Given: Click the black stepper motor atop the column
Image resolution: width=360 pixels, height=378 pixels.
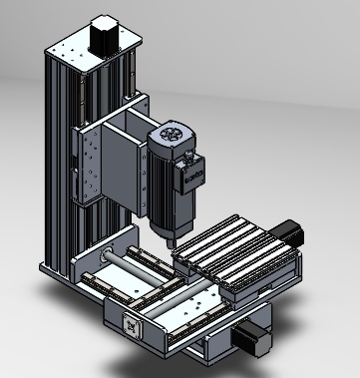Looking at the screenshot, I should [103, 36].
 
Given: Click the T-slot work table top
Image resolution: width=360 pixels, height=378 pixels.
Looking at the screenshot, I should [233, 244].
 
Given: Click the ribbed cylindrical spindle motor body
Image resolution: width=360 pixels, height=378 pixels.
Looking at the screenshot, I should [163, 189].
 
